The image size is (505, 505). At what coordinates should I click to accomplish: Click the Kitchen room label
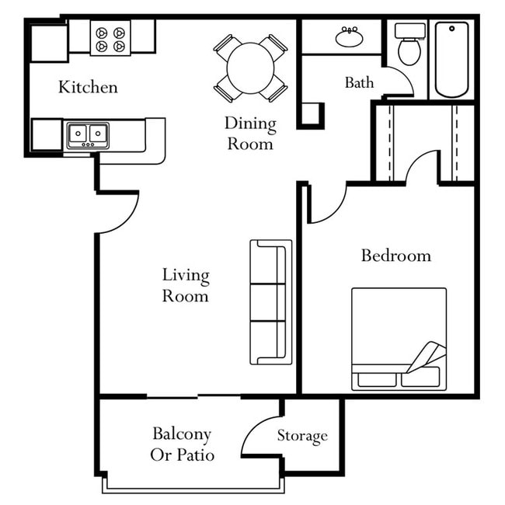88,86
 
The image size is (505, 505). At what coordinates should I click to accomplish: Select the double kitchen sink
87,134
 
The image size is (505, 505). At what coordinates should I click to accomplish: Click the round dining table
250,68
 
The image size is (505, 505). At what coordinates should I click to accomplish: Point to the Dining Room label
250,133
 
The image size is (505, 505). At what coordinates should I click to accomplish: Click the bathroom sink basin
347,37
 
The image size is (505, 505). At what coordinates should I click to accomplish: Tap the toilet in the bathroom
408,46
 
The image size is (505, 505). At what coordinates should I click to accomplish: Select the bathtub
451,59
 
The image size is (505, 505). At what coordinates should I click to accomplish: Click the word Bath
359,82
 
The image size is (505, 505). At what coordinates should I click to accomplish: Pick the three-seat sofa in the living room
270,301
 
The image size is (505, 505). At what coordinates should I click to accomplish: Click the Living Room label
186,285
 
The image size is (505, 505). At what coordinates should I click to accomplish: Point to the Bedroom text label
395,256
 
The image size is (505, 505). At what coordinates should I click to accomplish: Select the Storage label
302,436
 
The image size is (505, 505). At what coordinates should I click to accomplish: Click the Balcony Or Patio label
182,444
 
